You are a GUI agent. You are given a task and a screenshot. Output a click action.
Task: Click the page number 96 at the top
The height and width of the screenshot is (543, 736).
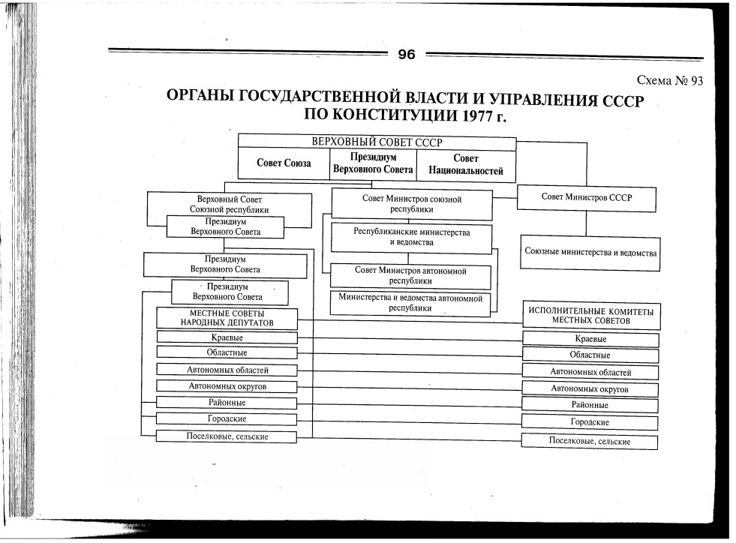coord(407,54)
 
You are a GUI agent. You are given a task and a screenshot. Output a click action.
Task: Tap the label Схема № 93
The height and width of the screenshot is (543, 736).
coord(669,81)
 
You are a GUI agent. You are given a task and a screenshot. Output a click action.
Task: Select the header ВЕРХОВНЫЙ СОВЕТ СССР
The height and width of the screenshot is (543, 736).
coord(377,142)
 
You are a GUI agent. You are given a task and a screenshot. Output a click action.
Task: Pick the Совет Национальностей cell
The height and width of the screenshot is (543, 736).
coord(466,164)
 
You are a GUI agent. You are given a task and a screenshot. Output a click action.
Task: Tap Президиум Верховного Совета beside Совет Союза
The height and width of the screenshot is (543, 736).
coord(373,163)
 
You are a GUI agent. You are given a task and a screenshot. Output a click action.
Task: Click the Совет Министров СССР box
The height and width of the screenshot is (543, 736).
coord(587,198)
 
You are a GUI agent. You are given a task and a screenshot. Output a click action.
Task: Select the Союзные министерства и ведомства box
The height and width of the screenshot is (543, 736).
coord(590,253)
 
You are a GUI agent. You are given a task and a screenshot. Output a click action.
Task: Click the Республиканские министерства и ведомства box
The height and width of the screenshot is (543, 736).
coord(412,238)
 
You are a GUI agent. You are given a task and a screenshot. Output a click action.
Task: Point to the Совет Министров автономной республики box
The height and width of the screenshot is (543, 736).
coord(410,276)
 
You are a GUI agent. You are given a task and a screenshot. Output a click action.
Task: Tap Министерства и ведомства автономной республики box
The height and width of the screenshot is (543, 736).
coord(410,301)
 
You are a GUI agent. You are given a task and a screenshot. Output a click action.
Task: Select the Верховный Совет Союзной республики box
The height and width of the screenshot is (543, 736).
coord(229,205)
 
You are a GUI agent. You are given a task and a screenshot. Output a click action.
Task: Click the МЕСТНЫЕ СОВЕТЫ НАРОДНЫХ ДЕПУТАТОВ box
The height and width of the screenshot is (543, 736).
coord(226,317)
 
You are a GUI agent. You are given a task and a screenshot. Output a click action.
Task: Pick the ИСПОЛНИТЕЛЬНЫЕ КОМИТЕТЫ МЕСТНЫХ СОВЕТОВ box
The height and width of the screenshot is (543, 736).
coord(590,316)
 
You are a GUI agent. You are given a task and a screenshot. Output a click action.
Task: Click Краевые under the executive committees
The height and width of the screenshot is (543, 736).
coord(590,339)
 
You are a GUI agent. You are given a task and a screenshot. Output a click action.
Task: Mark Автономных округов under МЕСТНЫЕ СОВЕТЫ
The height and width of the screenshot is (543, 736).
coord(227,386)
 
